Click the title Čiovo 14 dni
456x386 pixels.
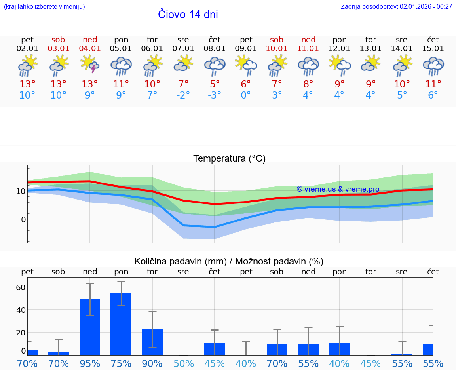click(x=188, y=15)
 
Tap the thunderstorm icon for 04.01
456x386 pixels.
click(x=90, y=65)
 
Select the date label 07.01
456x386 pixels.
click(x=183, y=49)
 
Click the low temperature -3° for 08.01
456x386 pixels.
click(x=215, y=95)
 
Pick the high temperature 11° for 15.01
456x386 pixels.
click(x=433, y=84)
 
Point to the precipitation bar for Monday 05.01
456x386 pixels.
click(x=121, y=324)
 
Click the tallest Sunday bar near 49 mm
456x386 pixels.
click(x=90, y=327)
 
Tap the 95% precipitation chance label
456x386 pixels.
click(x=90, y=363)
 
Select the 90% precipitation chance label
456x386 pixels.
click(x=152, y=363)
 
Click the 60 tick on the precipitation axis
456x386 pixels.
click(x=21, y=287)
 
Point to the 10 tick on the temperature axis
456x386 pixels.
click(x=21, y=191)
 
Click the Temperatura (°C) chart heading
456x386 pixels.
click(x=229, y=159)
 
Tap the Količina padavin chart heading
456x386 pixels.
click(x=229, y=261)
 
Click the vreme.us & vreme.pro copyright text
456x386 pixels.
click(x=338, y=189)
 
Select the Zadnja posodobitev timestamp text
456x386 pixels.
click(x=396, y=7)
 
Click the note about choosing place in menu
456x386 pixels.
click(x=44, y=7)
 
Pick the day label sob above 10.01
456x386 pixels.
click(x=277, y=40)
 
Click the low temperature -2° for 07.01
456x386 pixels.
click(x=183, y=95)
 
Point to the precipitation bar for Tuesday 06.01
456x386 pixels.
click(x=152, y=342)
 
